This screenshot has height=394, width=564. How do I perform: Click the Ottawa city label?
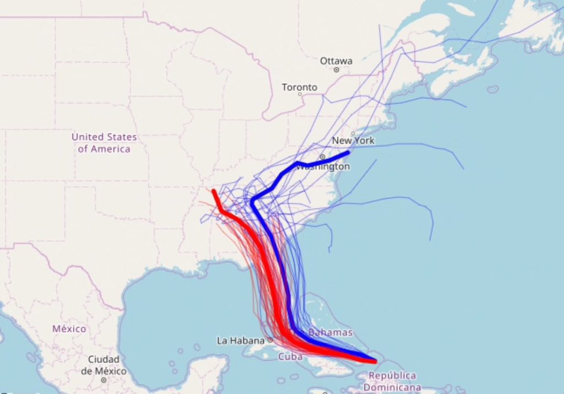[x=336, y=61]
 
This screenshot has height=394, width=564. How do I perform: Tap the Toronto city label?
[x=300, y=87]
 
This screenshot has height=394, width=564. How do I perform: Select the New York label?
[x=353, y=141]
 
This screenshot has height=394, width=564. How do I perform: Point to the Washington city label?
[x=323, y=166]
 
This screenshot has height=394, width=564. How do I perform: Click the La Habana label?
[x=241, y=341]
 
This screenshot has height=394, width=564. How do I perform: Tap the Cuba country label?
[x=290, y=357]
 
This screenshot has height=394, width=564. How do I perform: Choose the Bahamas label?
[x=330, y=332]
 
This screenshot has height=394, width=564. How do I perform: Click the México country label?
[x=69, y=328]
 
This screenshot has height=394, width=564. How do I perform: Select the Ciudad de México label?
[x=104, y=365]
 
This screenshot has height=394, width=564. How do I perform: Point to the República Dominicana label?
[x=392, y=381]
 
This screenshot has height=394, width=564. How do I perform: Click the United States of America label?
[x=104, y=143]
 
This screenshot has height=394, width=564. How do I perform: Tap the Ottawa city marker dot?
[x=336, y=70]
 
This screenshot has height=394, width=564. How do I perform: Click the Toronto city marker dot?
[x=300, y=94]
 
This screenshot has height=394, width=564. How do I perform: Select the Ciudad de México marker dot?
[x=104, y=380]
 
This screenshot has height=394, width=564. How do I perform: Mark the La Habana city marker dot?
[x=270, y=340]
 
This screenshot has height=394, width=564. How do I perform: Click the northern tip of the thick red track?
[x=213, y=191]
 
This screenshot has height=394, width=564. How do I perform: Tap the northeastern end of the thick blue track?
[x=348, y=152]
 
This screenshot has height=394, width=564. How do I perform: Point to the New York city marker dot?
[x=353, y=133]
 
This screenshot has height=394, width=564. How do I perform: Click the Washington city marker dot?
[x=323, y=157]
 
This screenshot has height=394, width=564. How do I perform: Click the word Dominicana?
[x=392, y=387]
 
